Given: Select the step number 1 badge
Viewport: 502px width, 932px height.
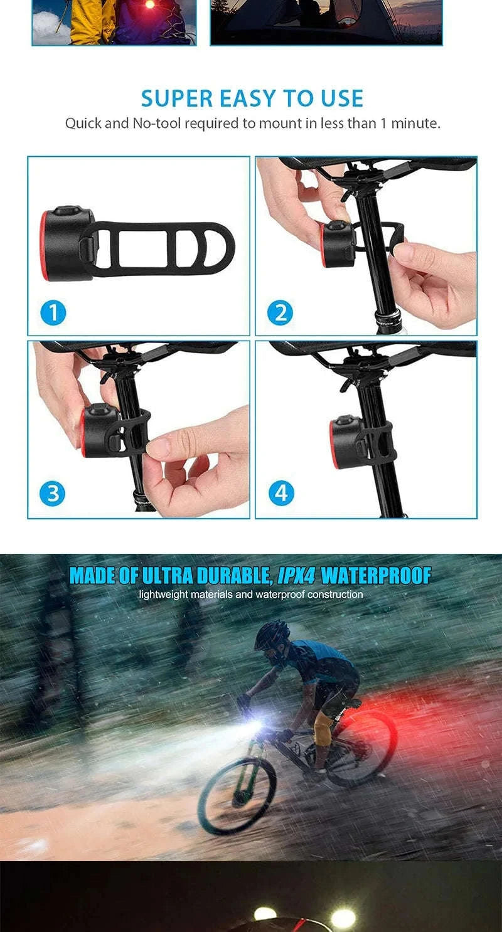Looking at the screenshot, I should point(53,312).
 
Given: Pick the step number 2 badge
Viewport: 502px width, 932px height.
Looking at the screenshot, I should point(280,312).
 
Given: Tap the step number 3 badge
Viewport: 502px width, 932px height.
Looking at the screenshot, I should point(53,494).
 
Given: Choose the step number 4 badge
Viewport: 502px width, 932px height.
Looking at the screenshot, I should point(280,494).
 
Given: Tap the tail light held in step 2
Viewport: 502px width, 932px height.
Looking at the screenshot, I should point(336,243).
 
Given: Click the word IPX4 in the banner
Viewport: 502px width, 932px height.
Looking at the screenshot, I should point(296,576).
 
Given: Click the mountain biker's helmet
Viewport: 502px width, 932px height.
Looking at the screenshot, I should point(272,635).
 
